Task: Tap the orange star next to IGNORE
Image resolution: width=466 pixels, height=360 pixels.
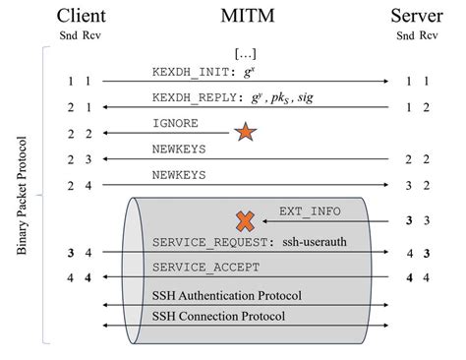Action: [x=245, y=130]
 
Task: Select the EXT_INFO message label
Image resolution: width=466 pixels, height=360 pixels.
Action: [x=309, y=211]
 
